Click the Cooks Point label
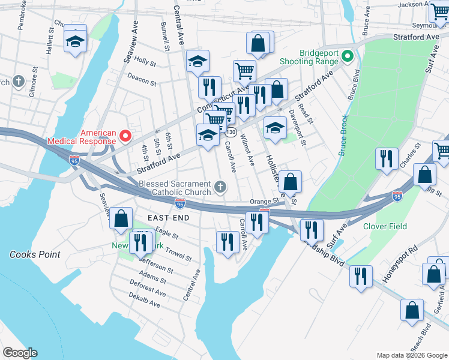pyautogui.click(x=35, y=254)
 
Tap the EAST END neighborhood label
pyautogui.click(x=169, y=217)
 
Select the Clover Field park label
pyautogui.click(x=385, y=226)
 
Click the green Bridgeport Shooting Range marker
pyautogui.click(x=346, y=57)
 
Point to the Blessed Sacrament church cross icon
pyautogui.click(x=220, y=188)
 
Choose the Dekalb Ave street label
pyautogui.click(x=145, y=300)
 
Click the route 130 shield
pyautogui.click(x=231, y=131)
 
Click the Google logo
pyautogui.click(x=20, y=352)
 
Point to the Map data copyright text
pyautogui.click(x=411, y=355)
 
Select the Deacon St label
pyautogui.click(x=142, y=79)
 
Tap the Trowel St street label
pyautogui.click(x=178, y=254)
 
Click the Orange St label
pyautogui.click(x=265, y=201)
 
